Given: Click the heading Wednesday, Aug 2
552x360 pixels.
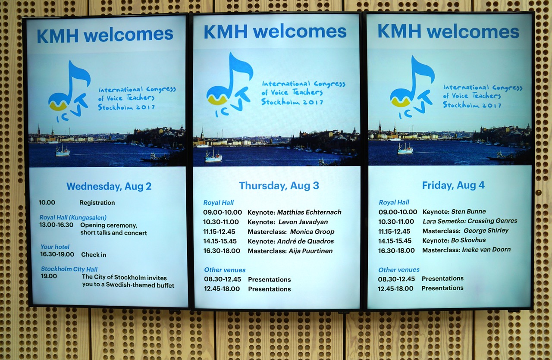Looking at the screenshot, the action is point(109,187).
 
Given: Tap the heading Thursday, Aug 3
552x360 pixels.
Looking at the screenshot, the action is point(279,186).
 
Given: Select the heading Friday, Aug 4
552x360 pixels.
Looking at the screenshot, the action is point(453,185).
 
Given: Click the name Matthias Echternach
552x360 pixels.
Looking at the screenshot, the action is point(309,212).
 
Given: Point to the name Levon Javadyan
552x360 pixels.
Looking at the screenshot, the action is point(303,222).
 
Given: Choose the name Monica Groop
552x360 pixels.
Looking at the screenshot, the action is point(312,232).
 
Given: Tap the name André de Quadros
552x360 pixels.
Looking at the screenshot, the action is point(306,241).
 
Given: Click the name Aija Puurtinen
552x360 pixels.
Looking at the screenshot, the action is point(310,251).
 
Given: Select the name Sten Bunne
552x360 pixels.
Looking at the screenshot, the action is point(468,211).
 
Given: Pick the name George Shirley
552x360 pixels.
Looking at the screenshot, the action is point(486,231).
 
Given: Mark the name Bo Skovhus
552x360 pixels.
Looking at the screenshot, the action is point(468,240).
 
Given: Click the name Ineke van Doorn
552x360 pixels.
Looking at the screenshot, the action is point(486,250).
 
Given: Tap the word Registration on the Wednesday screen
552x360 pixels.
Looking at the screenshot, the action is point(97,203).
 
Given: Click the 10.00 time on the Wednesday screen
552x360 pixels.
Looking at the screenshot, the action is point(47,203).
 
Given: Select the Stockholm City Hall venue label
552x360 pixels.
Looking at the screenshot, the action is point(69,269).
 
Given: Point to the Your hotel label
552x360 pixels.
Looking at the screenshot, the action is point(55,247).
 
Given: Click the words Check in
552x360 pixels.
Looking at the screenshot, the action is point(94,255).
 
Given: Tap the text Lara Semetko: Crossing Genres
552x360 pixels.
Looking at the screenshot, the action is point(470,221).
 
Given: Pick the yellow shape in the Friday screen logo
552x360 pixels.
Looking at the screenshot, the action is point(401,103).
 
